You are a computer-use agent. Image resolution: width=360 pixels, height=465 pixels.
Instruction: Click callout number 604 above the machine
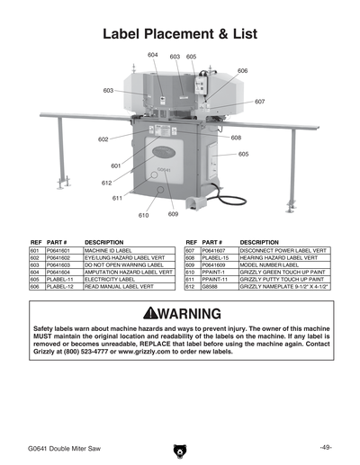[x=153, y=55]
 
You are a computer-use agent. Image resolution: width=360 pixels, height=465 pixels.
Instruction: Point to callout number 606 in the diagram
[x=242, y=70]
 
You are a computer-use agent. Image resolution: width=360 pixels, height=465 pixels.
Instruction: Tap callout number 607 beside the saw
[x=259, y=102]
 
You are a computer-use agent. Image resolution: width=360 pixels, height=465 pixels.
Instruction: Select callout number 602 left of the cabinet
[x=103, y=139]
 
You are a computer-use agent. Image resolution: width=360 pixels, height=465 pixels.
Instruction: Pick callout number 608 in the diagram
[x=236, y=138]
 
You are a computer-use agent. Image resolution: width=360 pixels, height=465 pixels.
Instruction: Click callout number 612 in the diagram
[x=107, y=183]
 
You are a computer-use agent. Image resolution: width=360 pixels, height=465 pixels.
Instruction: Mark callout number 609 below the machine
[x=173, y=214]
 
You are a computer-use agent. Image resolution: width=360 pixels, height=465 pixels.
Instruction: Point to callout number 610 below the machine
[x=143, y=216]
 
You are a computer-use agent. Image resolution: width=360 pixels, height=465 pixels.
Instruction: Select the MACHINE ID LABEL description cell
[x=109, y=251]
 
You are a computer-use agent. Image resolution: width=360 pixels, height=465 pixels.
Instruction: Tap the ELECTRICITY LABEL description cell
[x=111, y=279]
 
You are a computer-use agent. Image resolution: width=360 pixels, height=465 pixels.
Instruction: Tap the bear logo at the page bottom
[x=179, y=449]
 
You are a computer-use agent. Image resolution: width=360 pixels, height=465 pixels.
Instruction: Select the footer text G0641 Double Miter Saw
[x=63, y=447]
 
